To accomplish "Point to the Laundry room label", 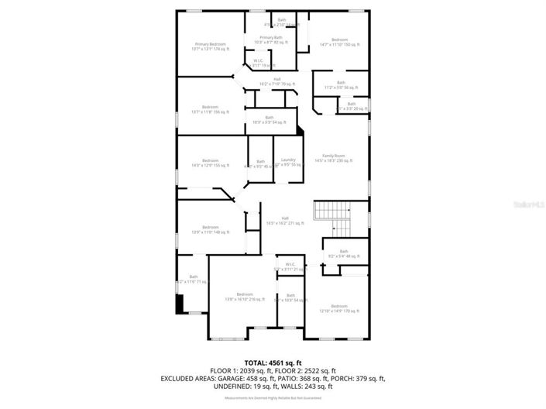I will click(289, 162).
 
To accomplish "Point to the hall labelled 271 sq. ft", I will click(286, 221).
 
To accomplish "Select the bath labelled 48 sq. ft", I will click(338, 253).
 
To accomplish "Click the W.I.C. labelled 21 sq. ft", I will click(290, 266).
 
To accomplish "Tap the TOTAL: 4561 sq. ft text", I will click(273, 363).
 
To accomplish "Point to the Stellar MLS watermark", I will click(529, 204).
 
